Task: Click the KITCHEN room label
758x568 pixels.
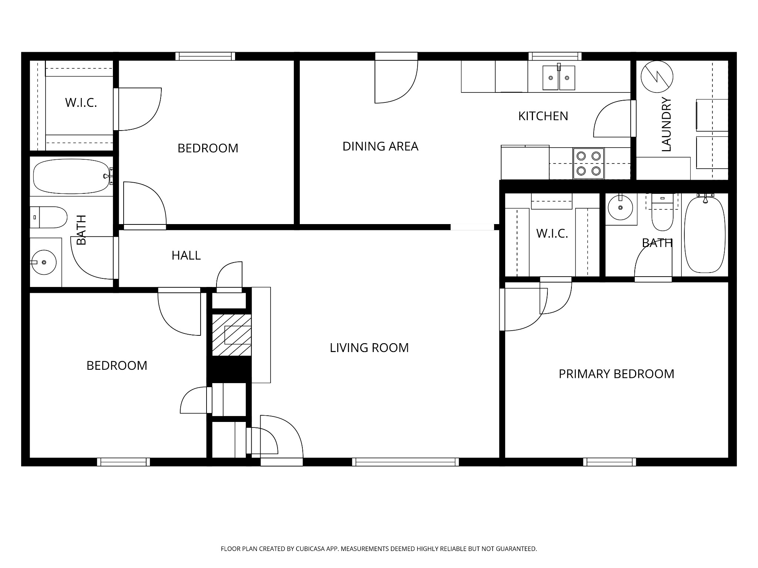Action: click(x=543, y=116)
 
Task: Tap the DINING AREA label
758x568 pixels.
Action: click(x=380, y=146)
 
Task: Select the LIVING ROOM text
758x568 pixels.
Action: click(x=369, y=348)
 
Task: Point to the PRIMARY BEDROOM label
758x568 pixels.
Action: click(x=616, y=374)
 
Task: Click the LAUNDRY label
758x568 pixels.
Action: click(x=666, y=124)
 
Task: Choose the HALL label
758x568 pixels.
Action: click(x=186, y=256)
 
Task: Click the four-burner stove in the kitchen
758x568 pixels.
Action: click(x=588, y=163)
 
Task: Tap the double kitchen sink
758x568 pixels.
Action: click(x=559, y=77)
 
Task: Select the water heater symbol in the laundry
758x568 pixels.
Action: click(x=657, y=77)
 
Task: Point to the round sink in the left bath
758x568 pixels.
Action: click(x=43, y=262)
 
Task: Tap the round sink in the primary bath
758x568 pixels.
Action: click(x=620, y=207)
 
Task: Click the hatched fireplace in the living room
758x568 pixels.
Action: click(x=232, y=335)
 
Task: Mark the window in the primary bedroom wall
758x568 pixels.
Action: click(x=610, y=462)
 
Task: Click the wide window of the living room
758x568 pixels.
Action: click(x=406, y=462)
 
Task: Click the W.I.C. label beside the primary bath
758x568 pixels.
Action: click(x=552, y=234)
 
